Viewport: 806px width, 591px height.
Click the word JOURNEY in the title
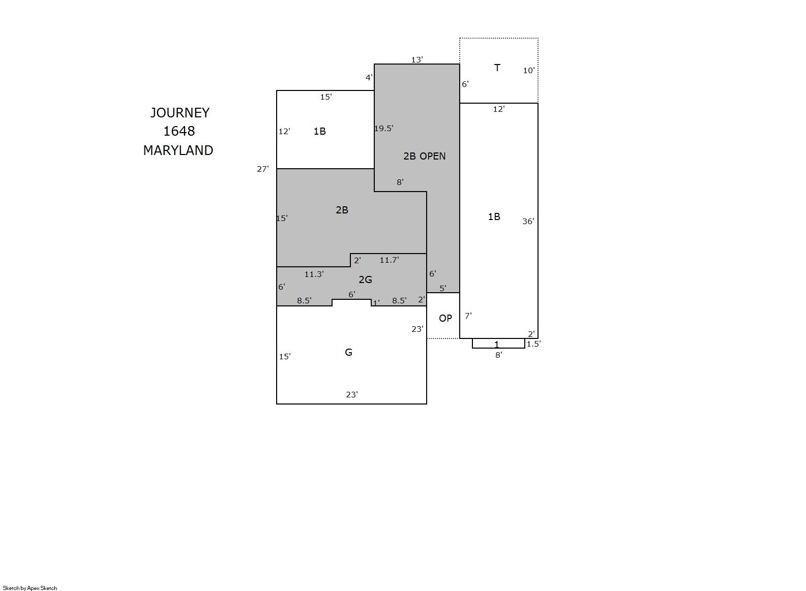coord(180,113)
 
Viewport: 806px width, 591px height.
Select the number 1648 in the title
coord(179,131)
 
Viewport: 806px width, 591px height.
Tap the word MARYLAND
coord(178,150)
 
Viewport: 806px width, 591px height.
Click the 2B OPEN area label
coord(424,156)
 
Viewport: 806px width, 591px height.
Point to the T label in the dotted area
coord(497,68)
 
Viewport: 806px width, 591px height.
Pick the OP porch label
coord(445,318)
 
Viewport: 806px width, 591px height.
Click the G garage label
coord(348,352)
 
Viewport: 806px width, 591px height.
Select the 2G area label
coord(365,279)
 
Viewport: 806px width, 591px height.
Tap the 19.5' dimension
coord(384,129)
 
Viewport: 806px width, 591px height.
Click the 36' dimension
coord(528,222)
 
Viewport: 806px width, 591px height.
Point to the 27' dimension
coord(263,169)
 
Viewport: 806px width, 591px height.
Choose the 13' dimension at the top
coord(417,59)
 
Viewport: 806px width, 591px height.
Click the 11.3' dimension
coord(314,274)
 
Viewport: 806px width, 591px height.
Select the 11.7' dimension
coord(390,260)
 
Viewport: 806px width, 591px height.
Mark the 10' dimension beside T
coord(528,71)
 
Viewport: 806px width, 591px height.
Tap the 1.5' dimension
coord(533,344)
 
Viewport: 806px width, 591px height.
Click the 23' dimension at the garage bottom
coord(352,395)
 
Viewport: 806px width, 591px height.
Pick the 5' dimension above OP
coord(443,288)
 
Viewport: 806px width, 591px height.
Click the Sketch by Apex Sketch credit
coord(30,588)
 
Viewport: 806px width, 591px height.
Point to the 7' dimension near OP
coord(468,316)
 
